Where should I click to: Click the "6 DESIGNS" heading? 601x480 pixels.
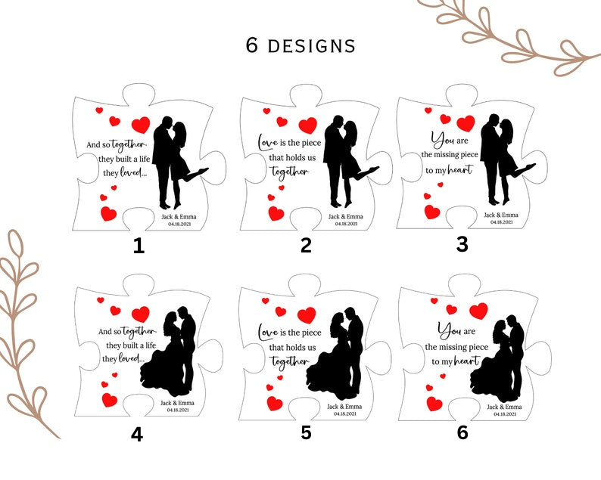[x=300, y=45]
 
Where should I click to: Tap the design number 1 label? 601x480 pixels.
[x=139, y=246]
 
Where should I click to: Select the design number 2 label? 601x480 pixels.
[x=306, y=246]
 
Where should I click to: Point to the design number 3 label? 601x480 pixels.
[x=462, y=244]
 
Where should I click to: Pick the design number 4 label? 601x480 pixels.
[x=137, y=435]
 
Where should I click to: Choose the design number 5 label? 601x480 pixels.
[x=306, y=432]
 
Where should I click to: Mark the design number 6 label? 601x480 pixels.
[x=462, y=432]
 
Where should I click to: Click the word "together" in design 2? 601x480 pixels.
[x=290, y=171]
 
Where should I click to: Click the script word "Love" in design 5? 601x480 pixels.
[x=268, y=332]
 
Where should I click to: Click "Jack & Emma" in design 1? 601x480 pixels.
[x=179, y=217]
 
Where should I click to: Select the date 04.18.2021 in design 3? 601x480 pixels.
[x=501, y=222]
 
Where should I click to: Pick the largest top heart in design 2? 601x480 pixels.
[x=308, y=125]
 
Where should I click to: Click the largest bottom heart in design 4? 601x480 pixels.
[x=109, y=400]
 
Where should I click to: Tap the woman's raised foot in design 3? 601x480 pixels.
[x=530, y=166]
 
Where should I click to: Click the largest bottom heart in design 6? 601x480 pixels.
[x=434, y=404]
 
